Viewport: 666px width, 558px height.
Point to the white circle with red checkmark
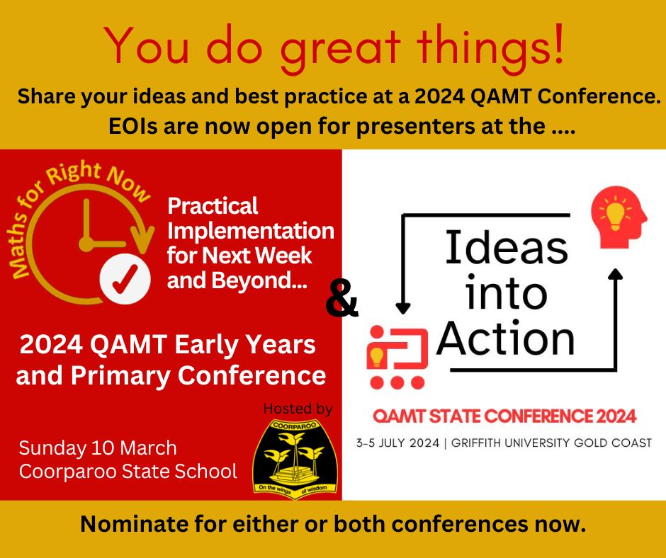pyautogui.click(x=125, y=279)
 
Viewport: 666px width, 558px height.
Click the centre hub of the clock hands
pyautogui.click(x=86, y=244)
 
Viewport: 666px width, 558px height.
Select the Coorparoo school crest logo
pyautogui.click(x=295, y=459)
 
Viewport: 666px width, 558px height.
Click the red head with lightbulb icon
pyautogui.click(x=619, y=217)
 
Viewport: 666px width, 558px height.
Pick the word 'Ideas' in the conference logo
pyautogui.click(x=507, y=247)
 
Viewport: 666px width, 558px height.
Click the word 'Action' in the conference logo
pyautogui.click(x=505, y=338)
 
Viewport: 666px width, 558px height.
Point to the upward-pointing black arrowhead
pyautogui.click(x=615, y=274)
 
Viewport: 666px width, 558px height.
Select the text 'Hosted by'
pyautogui.click(x=298, y=409)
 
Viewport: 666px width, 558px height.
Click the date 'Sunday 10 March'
pyautogui.click(x=98, y=448)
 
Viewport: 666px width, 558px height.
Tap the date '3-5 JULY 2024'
pyautogui.click(x=398, y=443)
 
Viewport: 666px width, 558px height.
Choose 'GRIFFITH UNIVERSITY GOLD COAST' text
pyautogui.click(x=551, y=443)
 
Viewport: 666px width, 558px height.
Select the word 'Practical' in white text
pyautogui.click(x=213, y=206)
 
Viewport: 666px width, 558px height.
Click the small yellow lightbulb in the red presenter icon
pyautogui.click(x=376, y=357)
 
